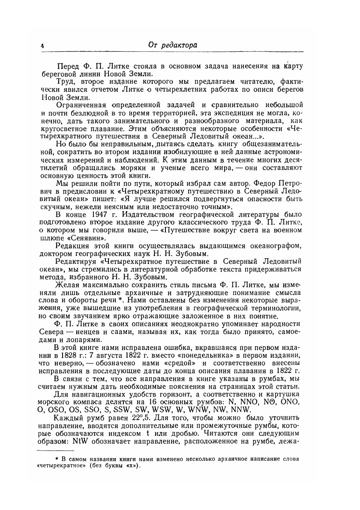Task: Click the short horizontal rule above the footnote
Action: (x=54, y=450)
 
